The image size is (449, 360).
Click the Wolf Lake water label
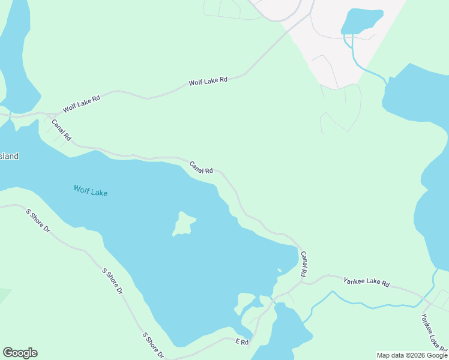[91, 191]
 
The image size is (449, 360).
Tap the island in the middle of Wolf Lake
[184, 224]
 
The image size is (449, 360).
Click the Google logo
[20, 353]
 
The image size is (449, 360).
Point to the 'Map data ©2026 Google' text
[411, 355]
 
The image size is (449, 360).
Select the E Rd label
[242, 341]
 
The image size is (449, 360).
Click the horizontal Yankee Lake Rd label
[366, 282]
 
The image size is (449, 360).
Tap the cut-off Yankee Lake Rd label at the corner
[433, 331]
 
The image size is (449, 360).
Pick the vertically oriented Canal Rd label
[304, 264]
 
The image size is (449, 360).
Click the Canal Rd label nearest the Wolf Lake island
[201, 167]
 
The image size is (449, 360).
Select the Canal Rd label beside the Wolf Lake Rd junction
[61, 130]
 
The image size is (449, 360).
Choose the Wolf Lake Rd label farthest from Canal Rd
[208, 81]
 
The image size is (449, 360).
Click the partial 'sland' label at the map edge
[9, 157]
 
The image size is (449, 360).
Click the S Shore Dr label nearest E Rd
[152, 345]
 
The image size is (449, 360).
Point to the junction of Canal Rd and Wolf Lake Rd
[42, 113]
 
